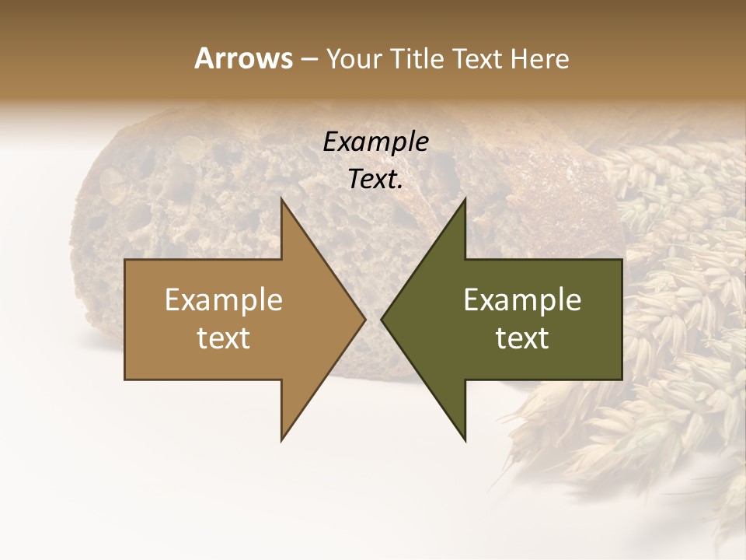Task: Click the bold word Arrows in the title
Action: (243, 58)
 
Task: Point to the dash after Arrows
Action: (309, 59)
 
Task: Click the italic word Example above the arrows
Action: (375, 142)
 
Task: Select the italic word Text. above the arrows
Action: (375, 180)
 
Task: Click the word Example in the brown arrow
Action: (224, 299)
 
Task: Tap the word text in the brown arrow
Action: (224, 338)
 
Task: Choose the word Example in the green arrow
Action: (522, 299)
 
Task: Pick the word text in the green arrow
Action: (522, 338)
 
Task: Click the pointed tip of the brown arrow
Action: (364, 319)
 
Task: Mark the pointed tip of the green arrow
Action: (382, 319)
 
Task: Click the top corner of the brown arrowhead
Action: (281, 198)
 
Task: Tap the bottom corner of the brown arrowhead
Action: (281, 440)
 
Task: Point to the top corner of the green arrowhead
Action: (465, 198)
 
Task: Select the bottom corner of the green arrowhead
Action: (465, 440)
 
